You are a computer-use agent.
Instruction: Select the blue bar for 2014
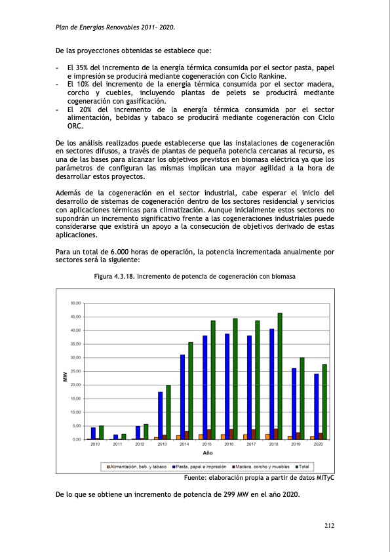pos(183,397)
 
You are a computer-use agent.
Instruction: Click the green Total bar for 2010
pos(101,432)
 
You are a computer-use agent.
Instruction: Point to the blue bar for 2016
pos(227,386)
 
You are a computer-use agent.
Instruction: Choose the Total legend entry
pos(303,466)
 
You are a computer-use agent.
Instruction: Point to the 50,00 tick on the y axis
pos(75,304)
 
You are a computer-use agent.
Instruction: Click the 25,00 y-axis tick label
pos(75,371)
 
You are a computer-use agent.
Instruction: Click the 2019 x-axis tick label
pos(296,444)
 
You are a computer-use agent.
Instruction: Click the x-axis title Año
pos(207,453)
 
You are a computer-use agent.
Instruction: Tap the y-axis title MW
pos(65,376)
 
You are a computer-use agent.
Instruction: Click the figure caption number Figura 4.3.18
pos(115,277)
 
